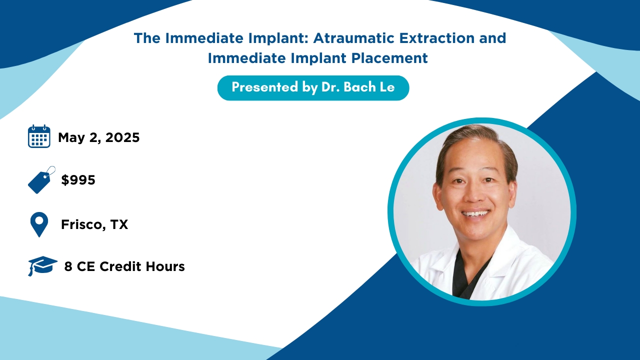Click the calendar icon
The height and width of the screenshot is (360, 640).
39,136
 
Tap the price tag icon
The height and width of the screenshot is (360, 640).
41,180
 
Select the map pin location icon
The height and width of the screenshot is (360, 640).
39,224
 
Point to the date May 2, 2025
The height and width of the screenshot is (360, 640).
99,137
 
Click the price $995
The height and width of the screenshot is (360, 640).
78,180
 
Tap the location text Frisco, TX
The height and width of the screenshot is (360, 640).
94,224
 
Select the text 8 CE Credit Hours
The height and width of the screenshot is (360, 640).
124,266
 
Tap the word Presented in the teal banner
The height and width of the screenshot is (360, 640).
265,87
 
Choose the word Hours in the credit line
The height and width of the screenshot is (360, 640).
165,266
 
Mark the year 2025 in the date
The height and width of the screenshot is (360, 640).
122,137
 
